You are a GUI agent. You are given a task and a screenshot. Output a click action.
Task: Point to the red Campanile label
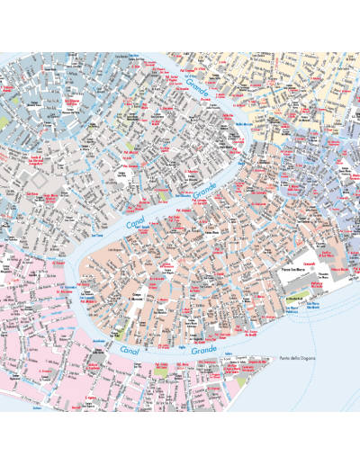click(309, 264)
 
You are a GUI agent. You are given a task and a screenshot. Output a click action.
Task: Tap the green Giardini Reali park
click(296, 299)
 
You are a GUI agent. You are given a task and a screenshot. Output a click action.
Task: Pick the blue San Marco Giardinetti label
click(312, 306)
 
